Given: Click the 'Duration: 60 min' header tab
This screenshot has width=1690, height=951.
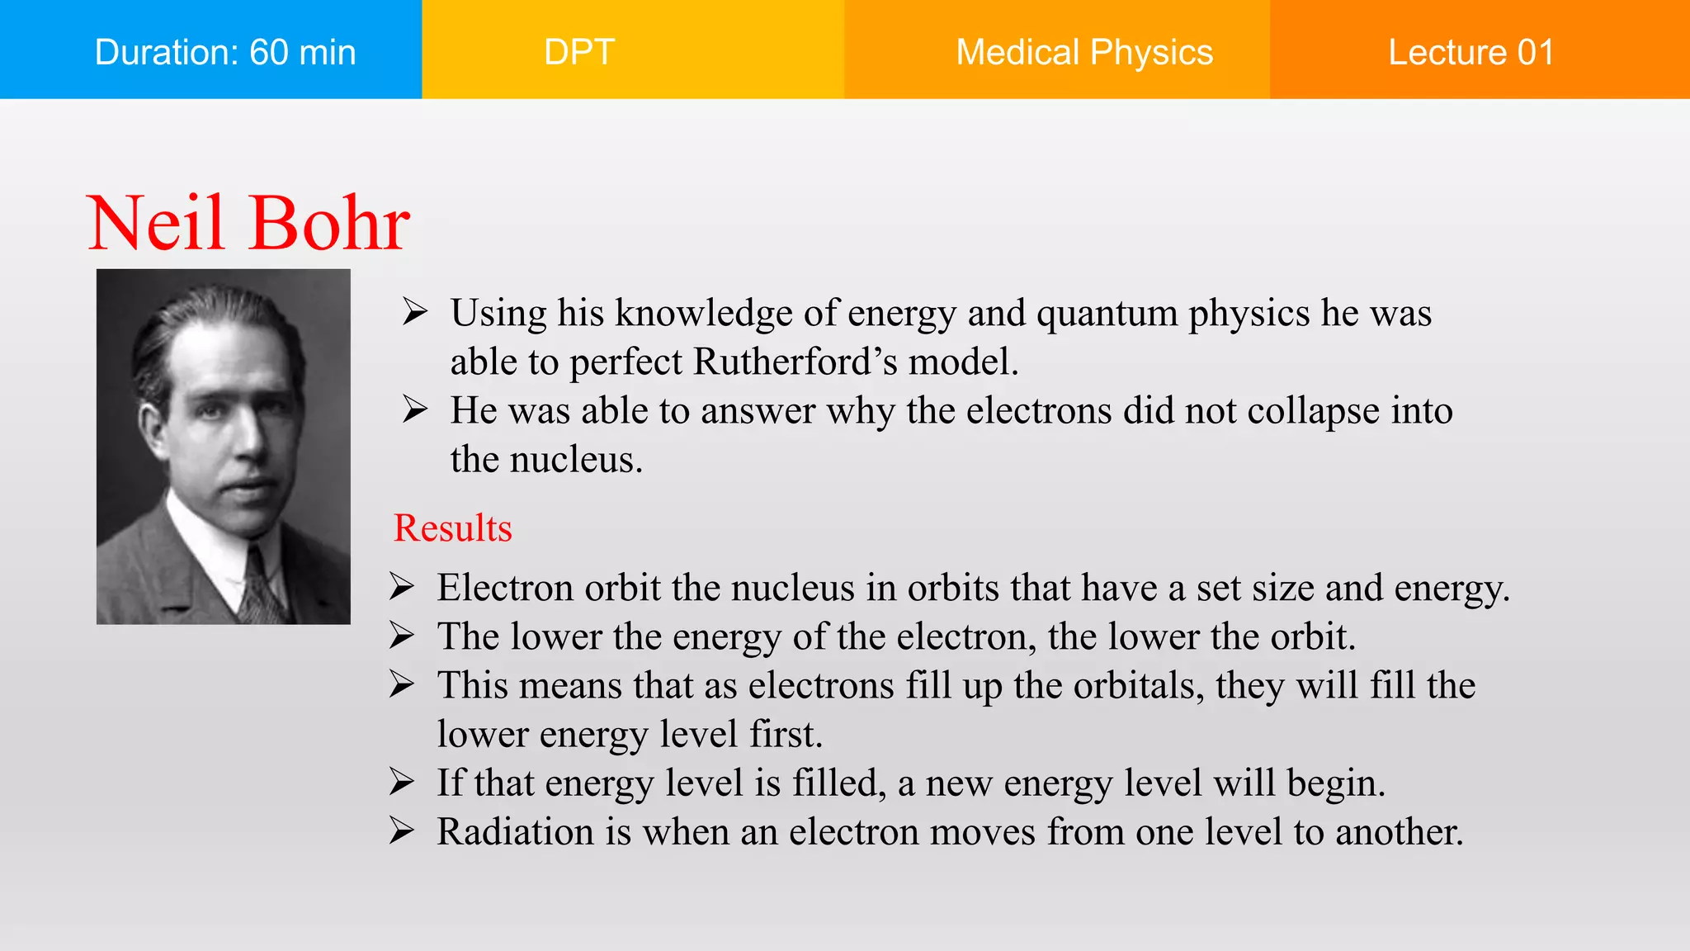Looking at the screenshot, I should (224, 52).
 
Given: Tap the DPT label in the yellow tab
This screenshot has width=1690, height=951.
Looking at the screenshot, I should (579, 52).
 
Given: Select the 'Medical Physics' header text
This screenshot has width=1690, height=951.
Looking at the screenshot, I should (1083, 52).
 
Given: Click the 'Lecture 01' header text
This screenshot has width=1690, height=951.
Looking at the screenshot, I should (1470, 52).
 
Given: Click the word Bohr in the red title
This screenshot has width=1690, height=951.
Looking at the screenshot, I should (329, 224).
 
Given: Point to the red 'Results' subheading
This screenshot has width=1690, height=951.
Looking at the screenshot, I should (452, 528).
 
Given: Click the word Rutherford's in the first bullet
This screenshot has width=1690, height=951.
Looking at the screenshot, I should (795, 362).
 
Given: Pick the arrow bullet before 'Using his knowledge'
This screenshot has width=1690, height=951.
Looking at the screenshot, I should (414, 312).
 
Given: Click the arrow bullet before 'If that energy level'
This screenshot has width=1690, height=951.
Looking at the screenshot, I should (401, 781).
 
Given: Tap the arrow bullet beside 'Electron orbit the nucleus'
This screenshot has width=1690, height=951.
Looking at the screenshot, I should (401, 586).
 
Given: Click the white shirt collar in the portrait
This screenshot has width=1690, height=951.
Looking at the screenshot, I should (206, 545).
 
